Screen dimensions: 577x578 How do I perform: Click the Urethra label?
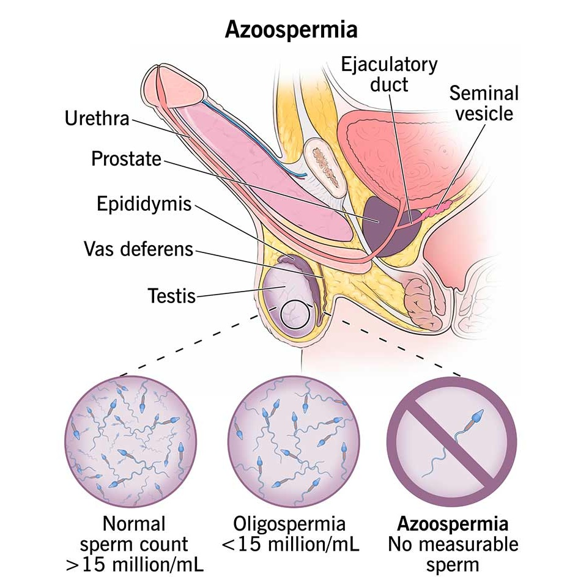[x=97, y=119]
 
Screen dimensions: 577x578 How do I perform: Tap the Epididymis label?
[x=144, y=204]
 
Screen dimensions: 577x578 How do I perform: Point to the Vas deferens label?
[x=138, y=249]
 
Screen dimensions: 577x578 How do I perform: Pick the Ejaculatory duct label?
[x=389, y=73]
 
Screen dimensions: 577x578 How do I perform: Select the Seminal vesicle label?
[x=483, y=103]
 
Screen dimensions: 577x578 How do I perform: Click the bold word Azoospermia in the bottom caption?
[x=453, y=524]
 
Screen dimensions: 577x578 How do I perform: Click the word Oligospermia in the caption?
[x=289, y=524]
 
